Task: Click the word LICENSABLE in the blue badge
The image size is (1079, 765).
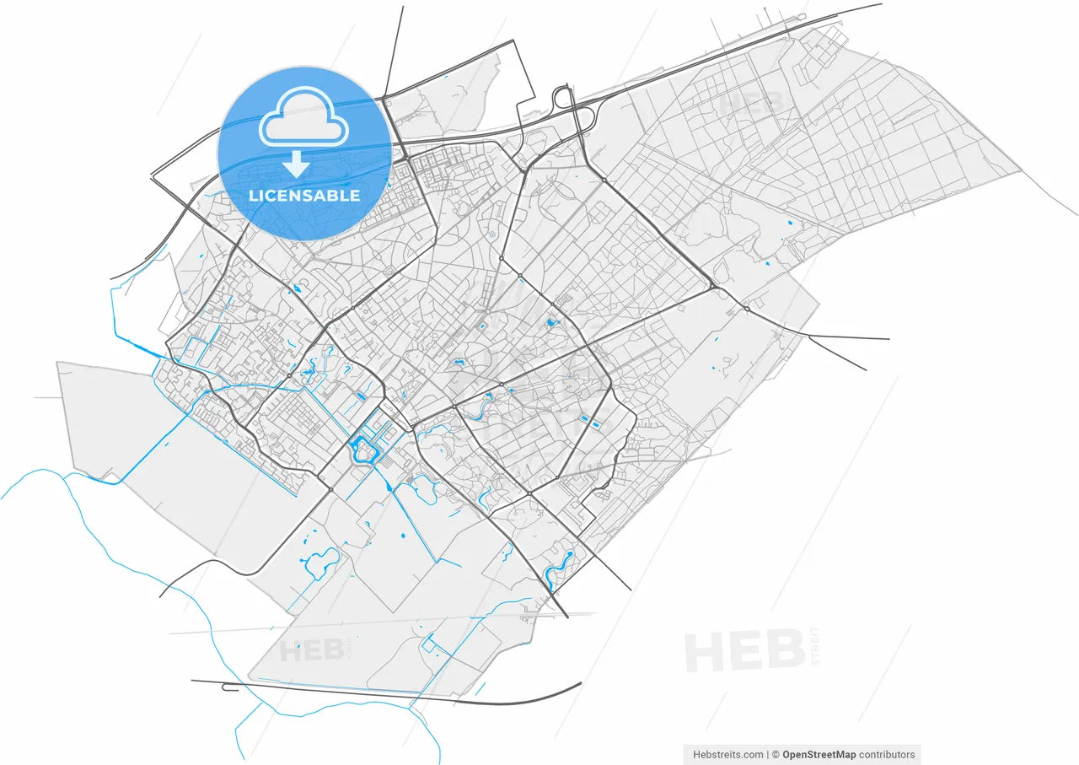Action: click(x=304, y=196)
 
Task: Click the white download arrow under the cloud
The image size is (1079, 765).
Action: click(x=295, y=164)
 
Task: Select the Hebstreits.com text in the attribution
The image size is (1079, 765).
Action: click(x=727, y=755)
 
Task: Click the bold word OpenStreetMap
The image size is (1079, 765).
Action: click(x=820, y=755)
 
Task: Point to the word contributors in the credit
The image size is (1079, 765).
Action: click(x=887, y=755)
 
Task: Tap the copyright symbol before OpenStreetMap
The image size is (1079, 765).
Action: click(x=776, y=755)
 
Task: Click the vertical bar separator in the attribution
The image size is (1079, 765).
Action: click(x=767, y=755)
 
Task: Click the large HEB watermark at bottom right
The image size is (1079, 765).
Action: click(x=744, y=651)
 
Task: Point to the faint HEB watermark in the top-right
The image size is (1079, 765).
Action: click(x=750, y=104)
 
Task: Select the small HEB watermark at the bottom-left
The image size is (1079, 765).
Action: click(x=312, y=651)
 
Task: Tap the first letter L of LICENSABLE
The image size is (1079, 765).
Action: click(x=254, y=196)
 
